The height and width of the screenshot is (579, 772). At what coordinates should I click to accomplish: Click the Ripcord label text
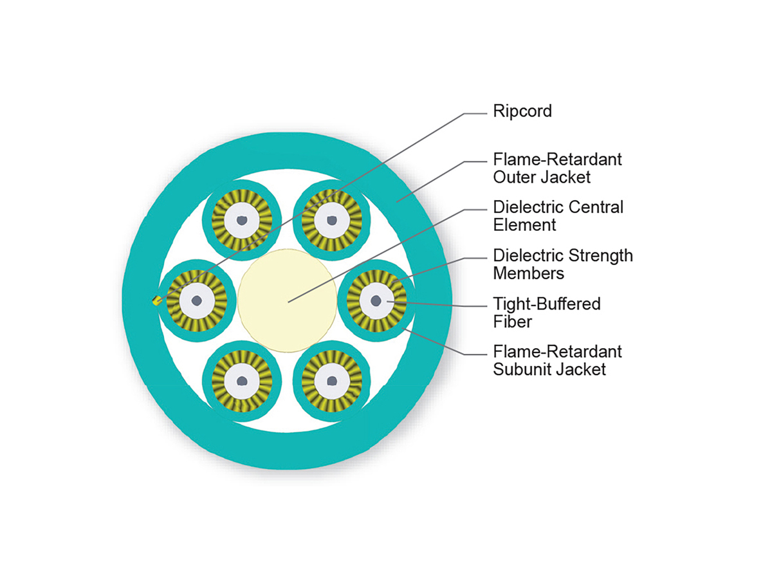(522, 111)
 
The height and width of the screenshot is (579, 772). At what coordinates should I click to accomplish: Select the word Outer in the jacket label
(515, 176)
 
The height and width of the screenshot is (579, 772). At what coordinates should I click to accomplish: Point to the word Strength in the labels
(602, 256)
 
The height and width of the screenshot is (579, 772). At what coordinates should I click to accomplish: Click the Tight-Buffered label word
(546, 304)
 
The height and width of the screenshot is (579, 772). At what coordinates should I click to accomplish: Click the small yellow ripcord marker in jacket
(156, 300)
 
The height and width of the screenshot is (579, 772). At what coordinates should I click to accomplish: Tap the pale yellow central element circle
(287, 300)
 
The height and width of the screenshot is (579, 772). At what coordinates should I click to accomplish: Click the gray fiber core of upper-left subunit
(241, 221)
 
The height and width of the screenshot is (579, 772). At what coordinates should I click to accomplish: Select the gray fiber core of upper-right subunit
(331, 221)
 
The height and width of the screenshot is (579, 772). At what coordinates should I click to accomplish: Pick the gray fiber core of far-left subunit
(196, 300)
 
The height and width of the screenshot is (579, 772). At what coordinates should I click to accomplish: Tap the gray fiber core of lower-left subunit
(241, 380)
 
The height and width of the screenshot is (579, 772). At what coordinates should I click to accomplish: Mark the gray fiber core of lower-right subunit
(331, 380)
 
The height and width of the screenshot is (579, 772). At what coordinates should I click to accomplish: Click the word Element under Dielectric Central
(524, 225)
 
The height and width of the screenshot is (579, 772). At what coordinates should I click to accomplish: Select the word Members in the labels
(528, 273)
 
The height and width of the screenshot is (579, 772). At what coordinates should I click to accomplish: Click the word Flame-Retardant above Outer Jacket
(557, 160)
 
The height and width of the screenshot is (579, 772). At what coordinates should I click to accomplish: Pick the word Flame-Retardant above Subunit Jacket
(557, 353)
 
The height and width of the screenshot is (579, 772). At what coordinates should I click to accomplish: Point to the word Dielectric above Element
(522, 208)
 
